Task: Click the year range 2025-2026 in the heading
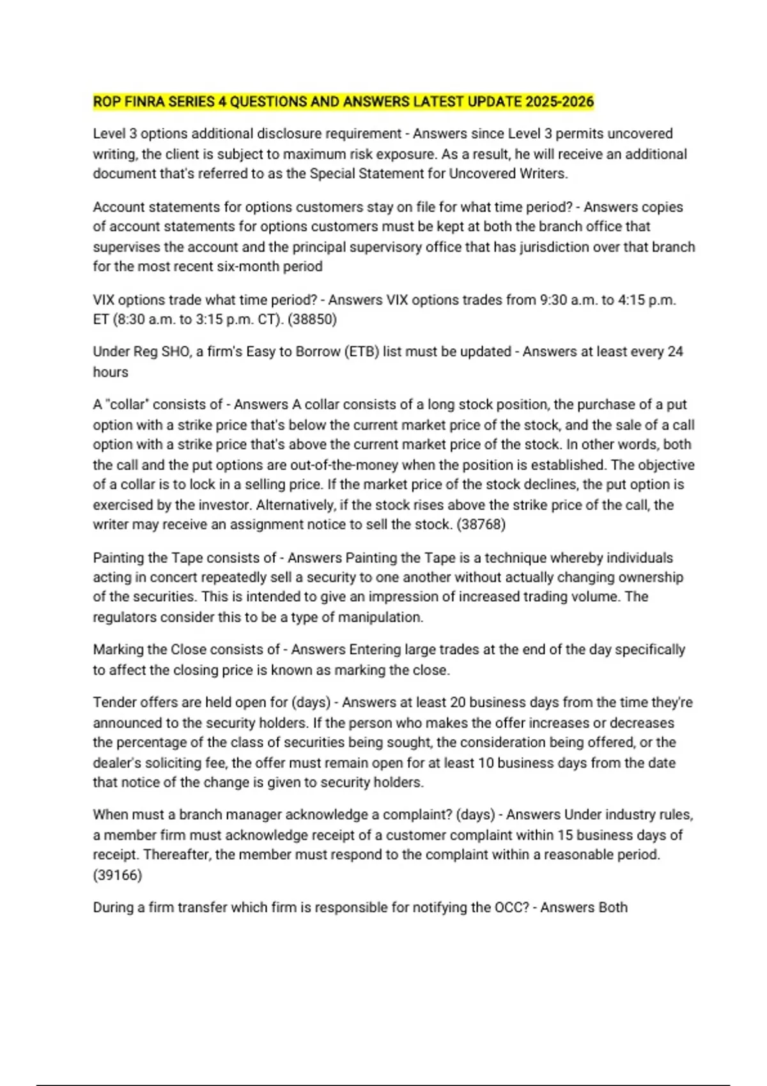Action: click(x=559, y=102)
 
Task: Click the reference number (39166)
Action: click(x=118, y=875)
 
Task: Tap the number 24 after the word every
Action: click(x=675, y=352)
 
